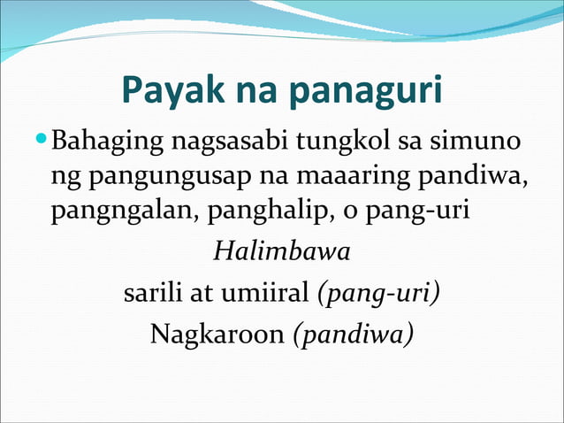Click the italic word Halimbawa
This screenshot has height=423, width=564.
pos(281,252)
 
